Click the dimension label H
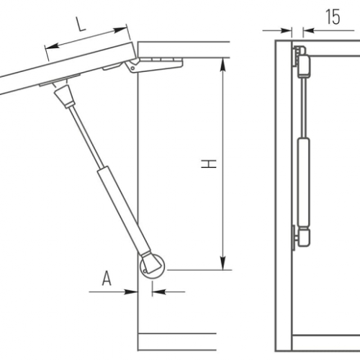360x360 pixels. [x=209, y=163]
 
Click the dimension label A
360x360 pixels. [x=107, y=278]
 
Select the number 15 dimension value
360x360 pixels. [x=333, y=17]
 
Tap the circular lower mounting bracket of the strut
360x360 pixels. [x=152, y=266]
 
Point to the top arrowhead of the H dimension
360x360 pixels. [x=223, y=64]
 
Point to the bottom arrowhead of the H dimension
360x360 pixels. [x=223, y=264]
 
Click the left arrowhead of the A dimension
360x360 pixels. [x=131, y=292]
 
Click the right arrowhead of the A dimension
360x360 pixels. [x=159, y=292]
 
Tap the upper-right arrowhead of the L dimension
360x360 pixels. [x=120, y=30]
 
